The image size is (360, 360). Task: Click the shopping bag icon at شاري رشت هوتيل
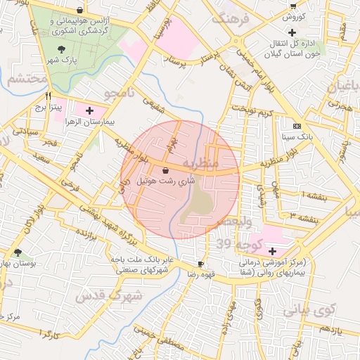165,170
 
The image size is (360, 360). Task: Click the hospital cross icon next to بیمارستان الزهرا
89,111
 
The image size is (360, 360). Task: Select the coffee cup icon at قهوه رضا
202,264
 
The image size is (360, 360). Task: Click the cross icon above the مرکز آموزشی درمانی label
272,251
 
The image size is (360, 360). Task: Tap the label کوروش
292,18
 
